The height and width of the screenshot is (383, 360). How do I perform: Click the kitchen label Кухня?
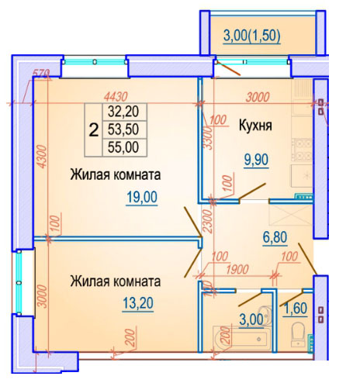(255, 126)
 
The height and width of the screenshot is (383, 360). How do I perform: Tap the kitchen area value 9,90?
(256, 160)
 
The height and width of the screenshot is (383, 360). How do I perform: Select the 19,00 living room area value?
(142, 197)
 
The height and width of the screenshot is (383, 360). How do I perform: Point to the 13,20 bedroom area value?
(138, 303)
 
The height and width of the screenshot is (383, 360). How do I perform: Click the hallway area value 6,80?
(275, 237)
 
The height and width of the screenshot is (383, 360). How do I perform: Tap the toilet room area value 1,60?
(296, 308)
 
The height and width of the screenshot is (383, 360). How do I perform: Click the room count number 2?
(94, 130)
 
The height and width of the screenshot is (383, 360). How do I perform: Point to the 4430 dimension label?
(116, 97)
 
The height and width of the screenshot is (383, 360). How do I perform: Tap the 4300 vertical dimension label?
(43, 157)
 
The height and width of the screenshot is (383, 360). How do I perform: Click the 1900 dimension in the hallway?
(237, 269)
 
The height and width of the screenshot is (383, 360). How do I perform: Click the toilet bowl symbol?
(298, 334)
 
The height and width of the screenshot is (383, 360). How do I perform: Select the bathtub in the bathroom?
(241, 339)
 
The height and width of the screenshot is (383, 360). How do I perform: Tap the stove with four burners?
(302, 150)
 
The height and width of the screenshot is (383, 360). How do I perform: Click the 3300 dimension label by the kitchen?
(208, 138)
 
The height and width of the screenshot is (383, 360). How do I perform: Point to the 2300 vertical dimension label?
(208, 221)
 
